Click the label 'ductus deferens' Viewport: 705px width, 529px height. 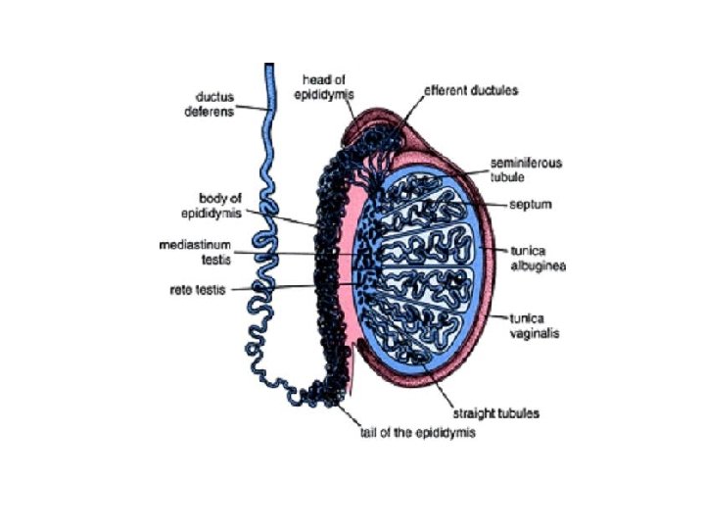pos(209,104)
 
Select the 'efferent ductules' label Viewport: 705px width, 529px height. pos(471,90)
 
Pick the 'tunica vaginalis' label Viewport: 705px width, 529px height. pos(536,324)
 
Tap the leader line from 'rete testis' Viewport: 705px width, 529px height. pos(294,288)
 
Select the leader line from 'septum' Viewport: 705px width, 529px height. pos(494,206)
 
